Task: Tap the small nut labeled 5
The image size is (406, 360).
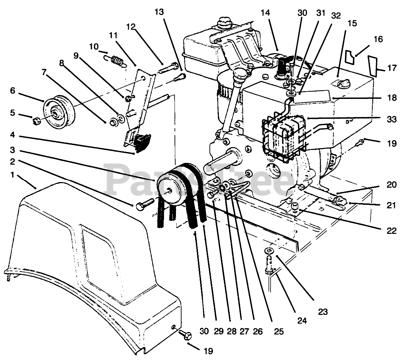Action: [x=36, y=121]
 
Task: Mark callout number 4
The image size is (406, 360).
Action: [x=13, y=134]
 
